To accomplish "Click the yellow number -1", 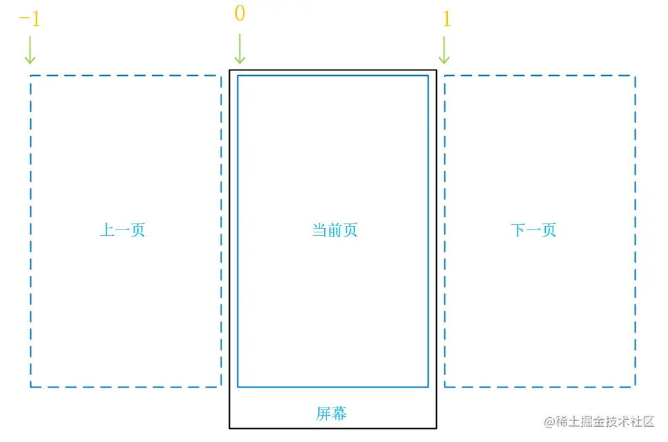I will (30, 19).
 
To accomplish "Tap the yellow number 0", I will (239, 14).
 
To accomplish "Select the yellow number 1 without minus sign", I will (446, 19).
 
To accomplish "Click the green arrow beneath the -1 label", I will (30, 50).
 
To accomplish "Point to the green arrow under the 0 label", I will (239, 48).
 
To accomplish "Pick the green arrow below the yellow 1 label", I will (444, 50).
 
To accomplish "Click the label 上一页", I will (123, 230).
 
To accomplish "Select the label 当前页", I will (335, 230).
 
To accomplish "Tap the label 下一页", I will (533, 230).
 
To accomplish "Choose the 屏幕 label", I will (331, 414).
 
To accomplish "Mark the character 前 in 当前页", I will (335, 230).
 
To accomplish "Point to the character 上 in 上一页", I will (108, 230).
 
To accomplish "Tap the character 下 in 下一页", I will (518, 230).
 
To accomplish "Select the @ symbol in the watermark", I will (549, 422).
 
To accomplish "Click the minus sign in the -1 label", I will (23, 19).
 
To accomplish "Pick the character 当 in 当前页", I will (320, 230).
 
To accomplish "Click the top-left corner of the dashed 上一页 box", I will (30, 75).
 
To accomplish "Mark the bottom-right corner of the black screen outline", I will (436, 428).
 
